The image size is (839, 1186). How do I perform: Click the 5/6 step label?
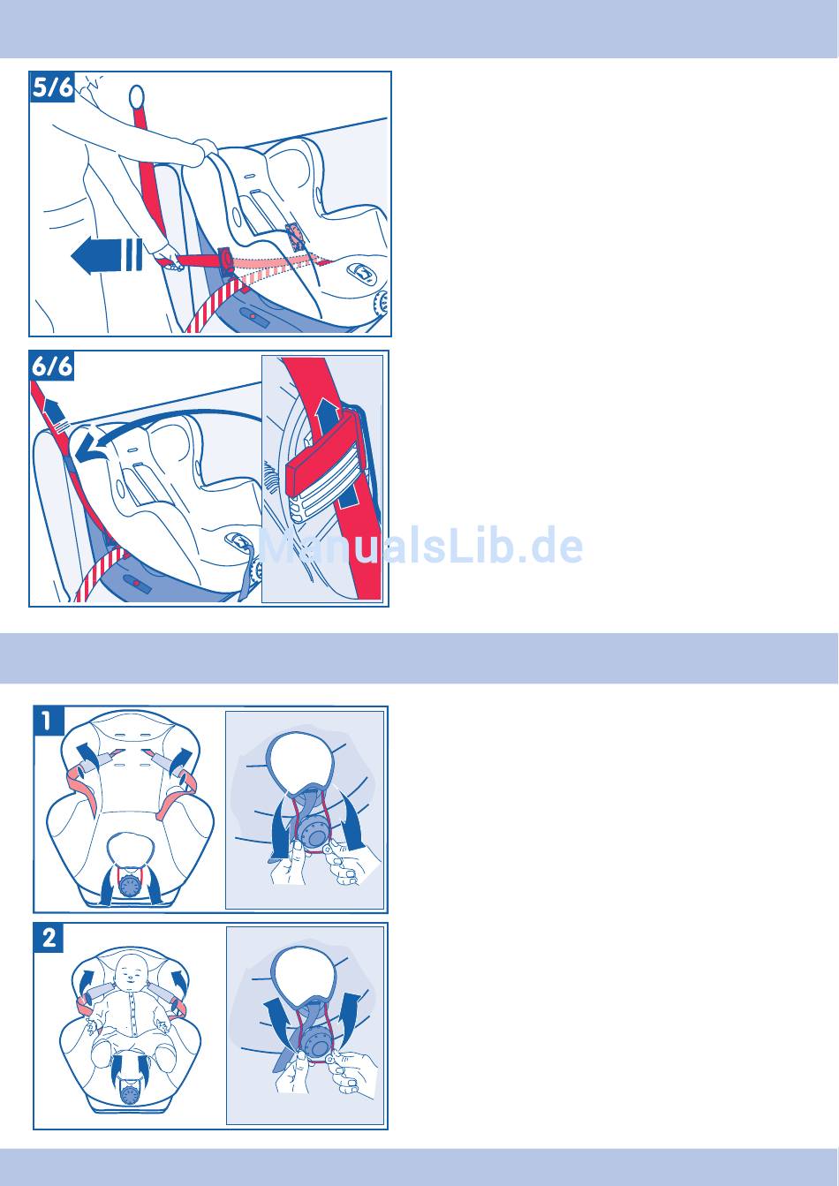[52, 87]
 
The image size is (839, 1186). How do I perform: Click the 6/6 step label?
[52, 366]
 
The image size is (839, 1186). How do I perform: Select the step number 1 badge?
[49, 721]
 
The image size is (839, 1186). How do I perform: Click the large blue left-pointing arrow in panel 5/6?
[106, 256]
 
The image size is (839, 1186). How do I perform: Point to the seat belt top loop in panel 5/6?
[136, 96]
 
